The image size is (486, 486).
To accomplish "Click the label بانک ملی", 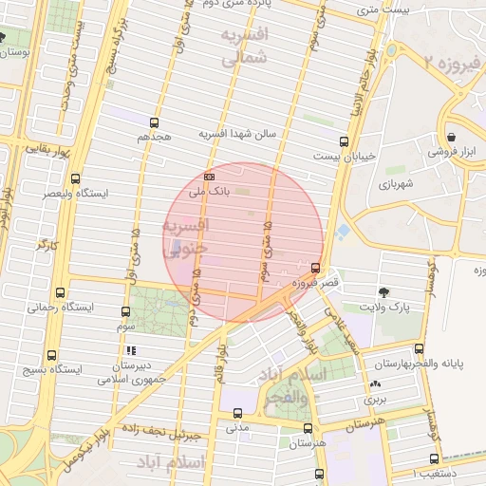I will pyautogui.click(x=210, y=192).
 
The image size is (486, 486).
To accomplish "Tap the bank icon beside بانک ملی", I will pyautogui.click(x=209, y=176).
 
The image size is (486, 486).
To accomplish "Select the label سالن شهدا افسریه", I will pyautogui.click(x=236, y=135).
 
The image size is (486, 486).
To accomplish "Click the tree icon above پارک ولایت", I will pyautogui.click(x=384, y=291).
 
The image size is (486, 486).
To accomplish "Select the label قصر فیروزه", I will pyautogui.click(x=303, y=282).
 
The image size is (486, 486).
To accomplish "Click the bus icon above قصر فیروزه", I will pyautogui.click(x=315, y=267).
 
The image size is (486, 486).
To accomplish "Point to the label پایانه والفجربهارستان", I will pyautogui.click(x=429, y=364).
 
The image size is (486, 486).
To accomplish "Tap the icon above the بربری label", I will pyautogui.click(x=378, y=384).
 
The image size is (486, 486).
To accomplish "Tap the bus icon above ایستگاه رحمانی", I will pyautogui.click(x=62, y=292).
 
